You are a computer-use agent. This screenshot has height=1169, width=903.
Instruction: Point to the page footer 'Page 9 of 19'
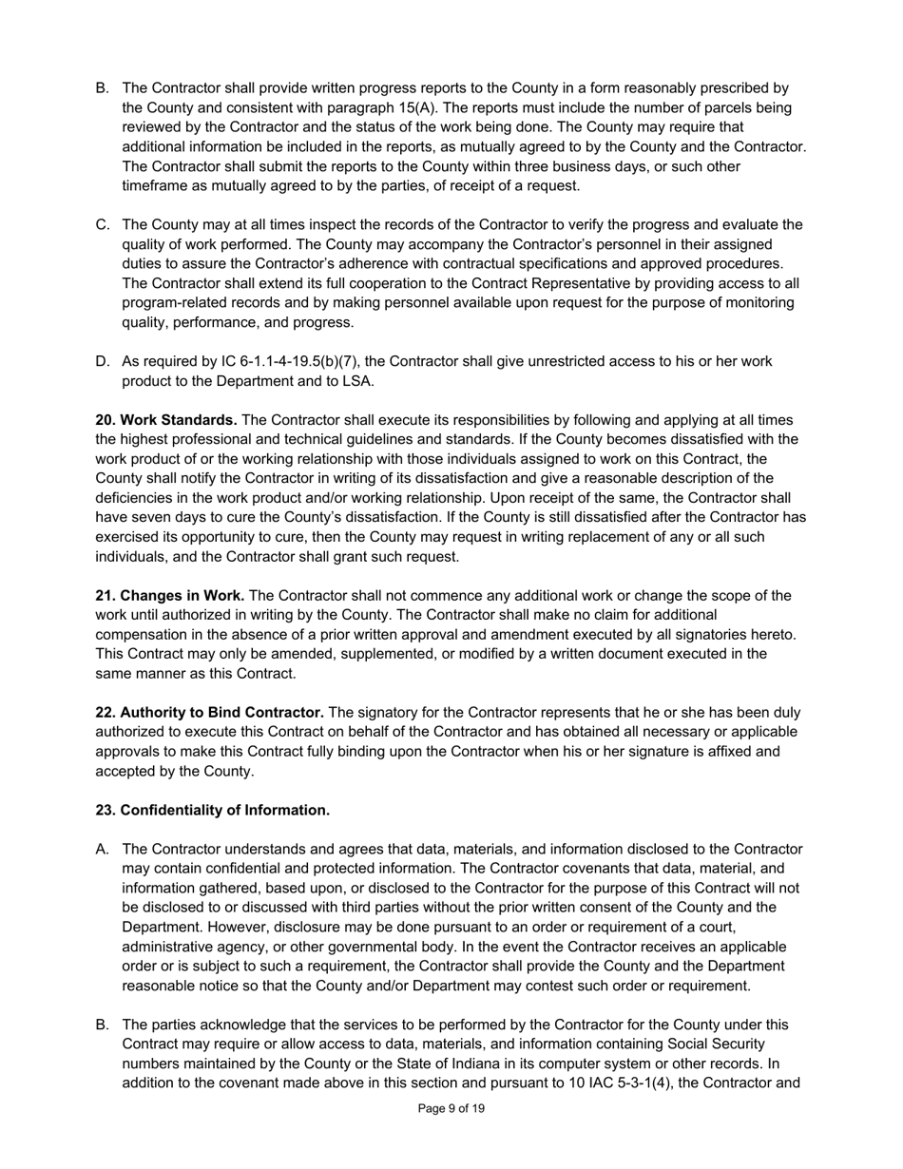pyautogui.click(x=451, y=1109)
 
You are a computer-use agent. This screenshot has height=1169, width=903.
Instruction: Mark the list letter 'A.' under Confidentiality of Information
pyautogui.click(x=103, y=850)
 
